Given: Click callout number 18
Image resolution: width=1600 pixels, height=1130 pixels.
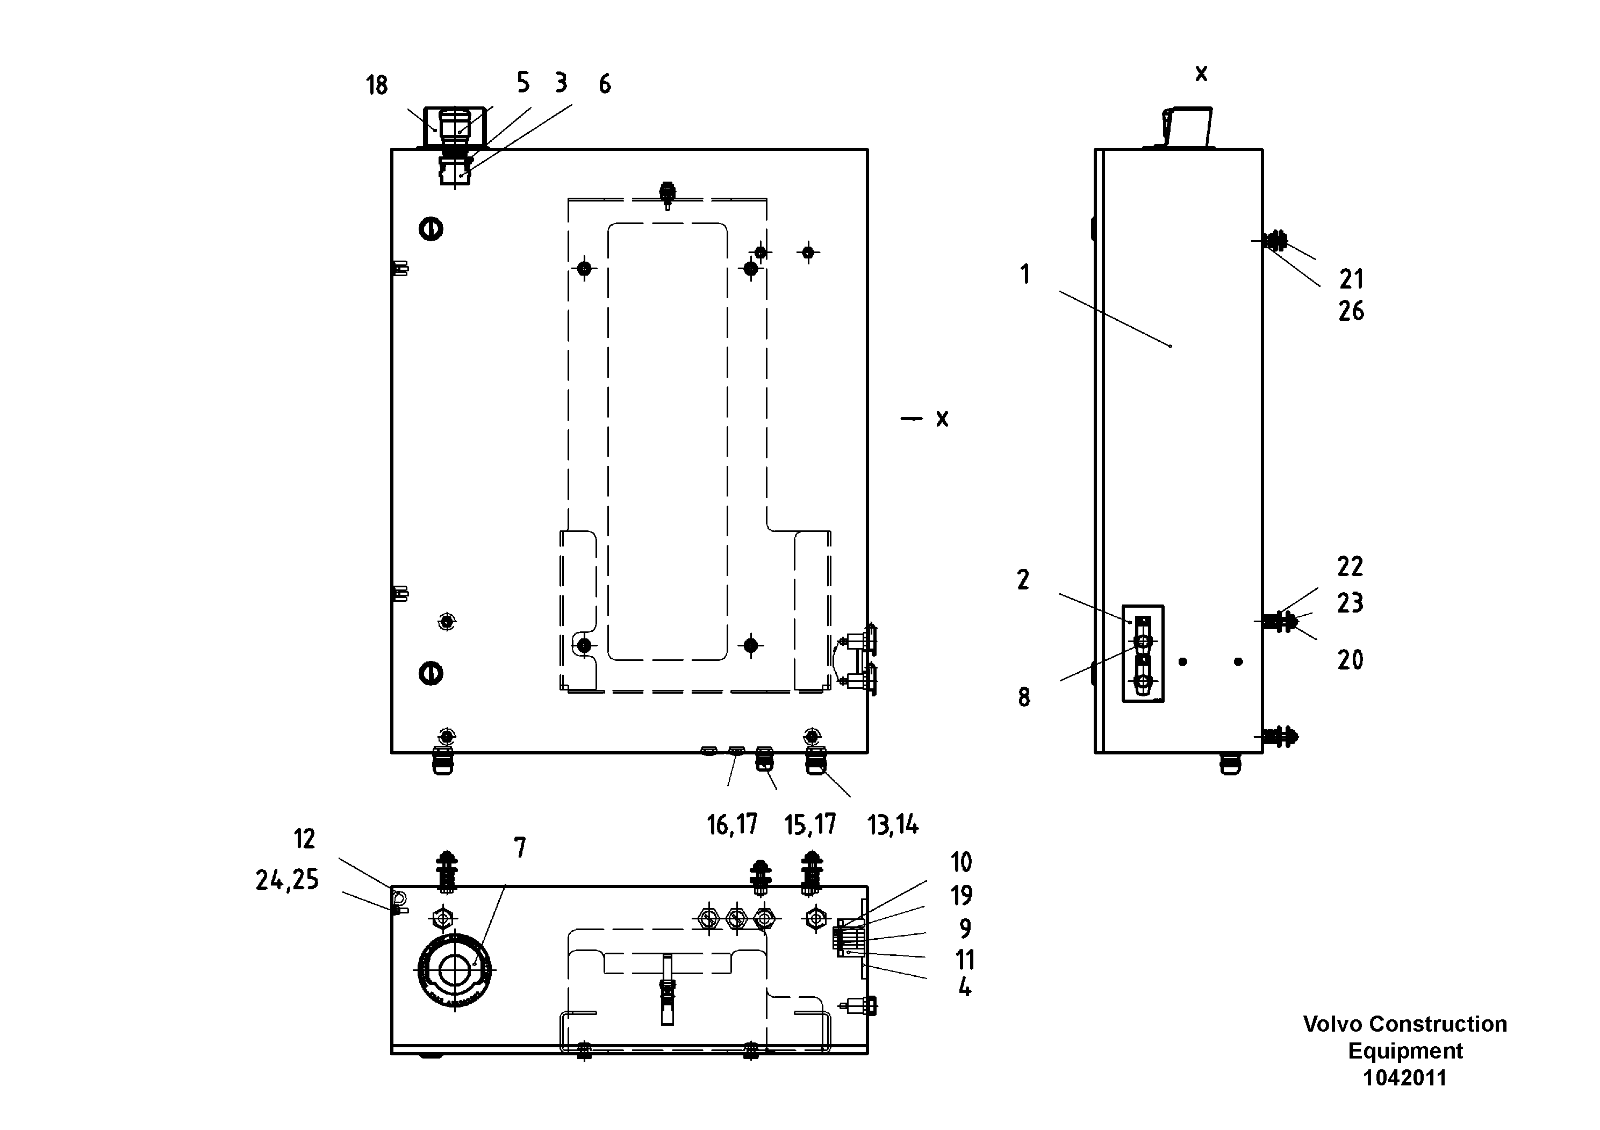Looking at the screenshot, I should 376,85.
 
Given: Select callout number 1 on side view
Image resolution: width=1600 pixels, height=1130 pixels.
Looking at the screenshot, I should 1024,275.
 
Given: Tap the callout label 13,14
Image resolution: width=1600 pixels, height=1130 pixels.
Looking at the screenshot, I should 893,825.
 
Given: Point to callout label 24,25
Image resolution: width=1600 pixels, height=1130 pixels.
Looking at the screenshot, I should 286,881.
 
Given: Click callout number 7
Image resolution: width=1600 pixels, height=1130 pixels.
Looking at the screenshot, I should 520,848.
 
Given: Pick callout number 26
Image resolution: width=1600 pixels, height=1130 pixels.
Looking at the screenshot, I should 1351,312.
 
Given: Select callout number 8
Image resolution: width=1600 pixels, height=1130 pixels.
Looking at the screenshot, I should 1024,697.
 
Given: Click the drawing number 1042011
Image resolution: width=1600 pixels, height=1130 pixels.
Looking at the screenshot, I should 1404,1078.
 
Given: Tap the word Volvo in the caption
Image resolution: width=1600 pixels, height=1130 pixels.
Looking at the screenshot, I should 1325,1024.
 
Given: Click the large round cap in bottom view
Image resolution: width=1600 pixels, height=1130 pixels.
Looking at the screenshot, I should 454,970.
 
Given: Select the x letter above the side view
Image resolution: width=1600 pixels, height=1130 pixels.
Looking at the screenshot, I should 1201,74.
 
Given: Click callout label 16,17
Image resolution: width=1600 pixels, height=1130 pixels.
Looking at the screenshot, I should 731,825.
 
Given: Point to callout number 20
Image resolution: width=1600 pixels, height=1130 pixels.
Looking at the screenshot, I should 1350,660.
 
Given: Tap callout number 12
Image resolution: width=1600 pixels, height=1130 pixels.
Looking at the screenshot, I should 305,839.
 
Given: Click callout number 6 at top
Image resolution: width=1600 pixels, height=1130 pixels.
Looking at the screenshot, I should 604,84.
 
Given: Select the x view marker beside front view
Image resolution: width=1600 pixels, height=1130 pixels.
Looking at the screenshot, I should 942,419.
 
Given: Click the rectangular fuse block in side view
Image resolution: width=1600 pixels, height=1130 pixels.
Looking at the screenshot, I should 1142,653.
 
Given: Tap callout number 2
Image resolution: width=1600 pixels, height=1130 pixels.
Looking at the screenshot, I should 1022,580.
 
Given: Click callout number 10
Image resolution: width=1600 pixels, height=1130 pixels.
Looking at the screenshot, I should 961,862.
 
